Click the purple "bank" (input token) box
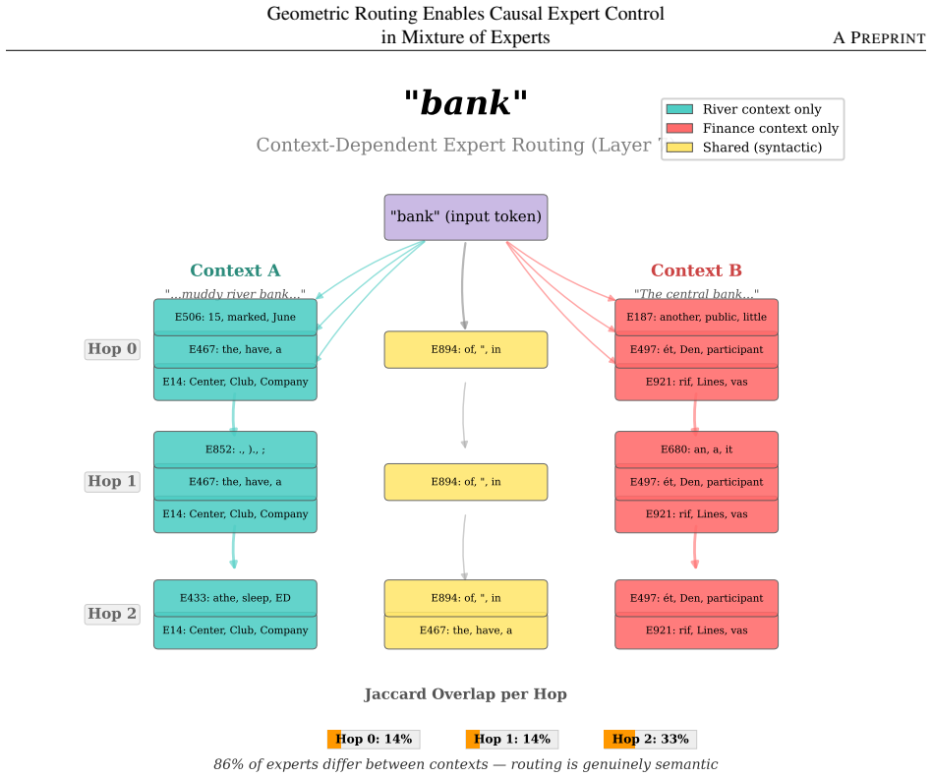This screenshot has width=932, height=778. (465, 217)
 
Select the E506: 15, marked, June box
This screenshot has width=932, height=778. (235, 317)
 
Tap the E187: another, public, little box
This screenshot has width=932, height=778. (696, 317)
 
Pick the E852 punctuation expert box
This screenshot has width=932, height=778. (235, 449)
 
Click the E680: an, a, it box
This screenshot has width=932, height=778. (696, 449)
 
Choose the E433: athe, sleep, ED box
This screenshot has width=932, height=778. (235, 598)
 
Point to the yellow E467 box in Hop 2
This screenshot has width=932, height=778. (465, 630)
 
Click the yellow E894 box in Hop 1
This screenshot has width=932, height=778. (465, 482)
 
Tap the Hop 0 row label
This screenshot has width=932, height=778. (112, 349)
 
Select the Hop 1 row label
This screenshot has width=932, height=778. (112, 481)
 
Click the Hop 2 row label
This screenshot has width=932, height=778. (112, 614)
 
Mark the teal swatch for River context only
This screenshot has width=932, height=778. (679, 109)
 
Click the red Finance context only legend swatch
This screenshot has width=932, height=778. (679, 129)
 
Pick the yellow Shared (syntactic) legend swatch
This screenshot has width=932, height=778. (679, 148)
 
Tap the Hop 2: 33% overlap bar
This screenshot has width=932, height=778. (650, 740)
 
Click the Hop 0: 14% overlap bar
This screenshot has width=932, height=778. (374, 740)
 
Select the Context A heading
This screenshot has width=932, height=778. (235, 270)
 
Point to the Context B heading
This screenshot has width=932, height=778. (696, 270)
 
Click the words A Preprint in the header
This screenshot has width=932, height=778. (879, 38)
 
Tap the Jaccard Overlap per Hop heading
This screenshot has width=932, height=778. (465, 694)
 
